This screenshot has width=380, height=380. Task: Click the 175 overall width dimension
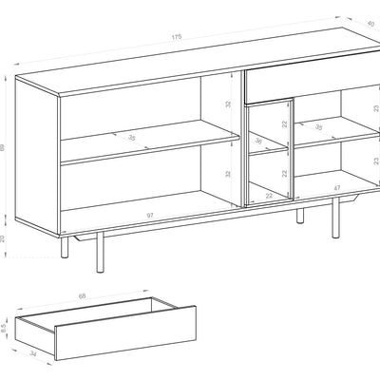coord(177,37)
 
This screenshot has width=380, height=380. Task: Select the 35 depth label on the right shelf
coord(318,126)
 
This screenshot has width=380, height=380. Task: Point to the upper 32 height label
coord(228,104)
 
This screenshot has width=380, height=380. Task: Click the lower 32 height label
coord(228,174)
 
